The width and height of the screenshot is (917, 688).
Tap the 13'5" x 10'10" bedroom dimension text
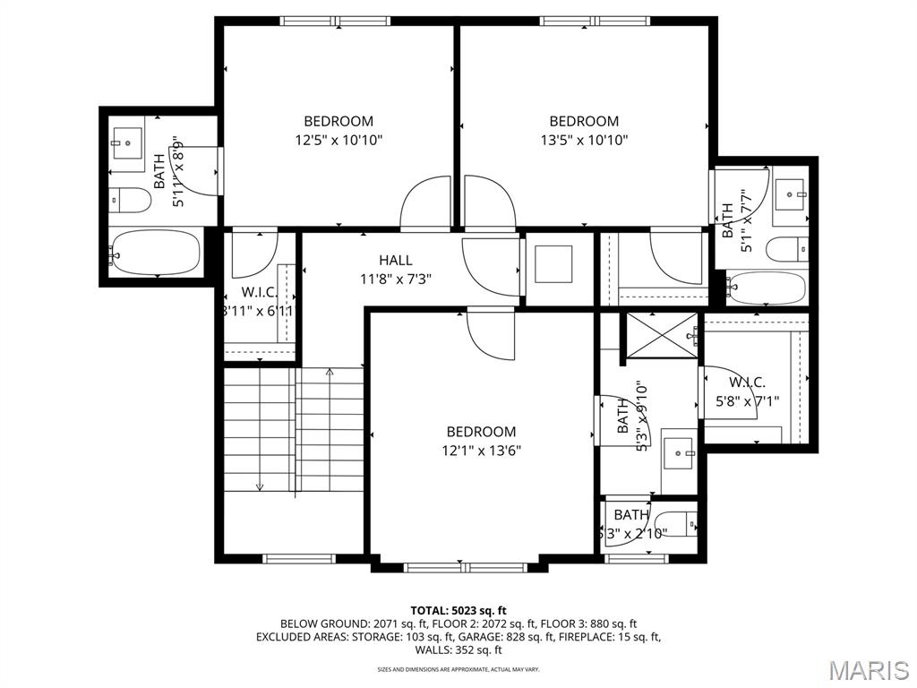[584, 140]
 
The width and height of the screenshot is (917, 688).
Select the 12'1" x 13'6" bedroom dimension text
[481, 450]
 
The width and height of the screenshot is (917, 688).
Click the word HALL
[395, 260]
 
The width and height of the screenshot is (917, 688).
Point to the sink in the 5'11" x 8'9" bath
[126, 142]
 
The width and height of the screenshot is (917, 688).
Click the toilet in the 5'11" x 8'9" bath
[130, 200]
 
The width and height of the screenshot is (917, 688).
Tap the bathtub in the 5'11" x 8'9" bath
[154, 253]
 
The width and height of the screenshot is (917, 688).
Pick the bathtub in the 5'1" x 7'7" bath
[766, 288]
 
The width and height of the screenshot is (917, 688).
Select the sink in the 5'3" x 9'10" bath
[678, 454]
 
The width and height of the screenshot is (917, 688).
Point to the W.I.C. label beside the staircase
[259, 302]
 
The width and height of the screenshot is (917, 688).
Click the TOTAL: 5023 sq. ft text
[458, 611]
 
